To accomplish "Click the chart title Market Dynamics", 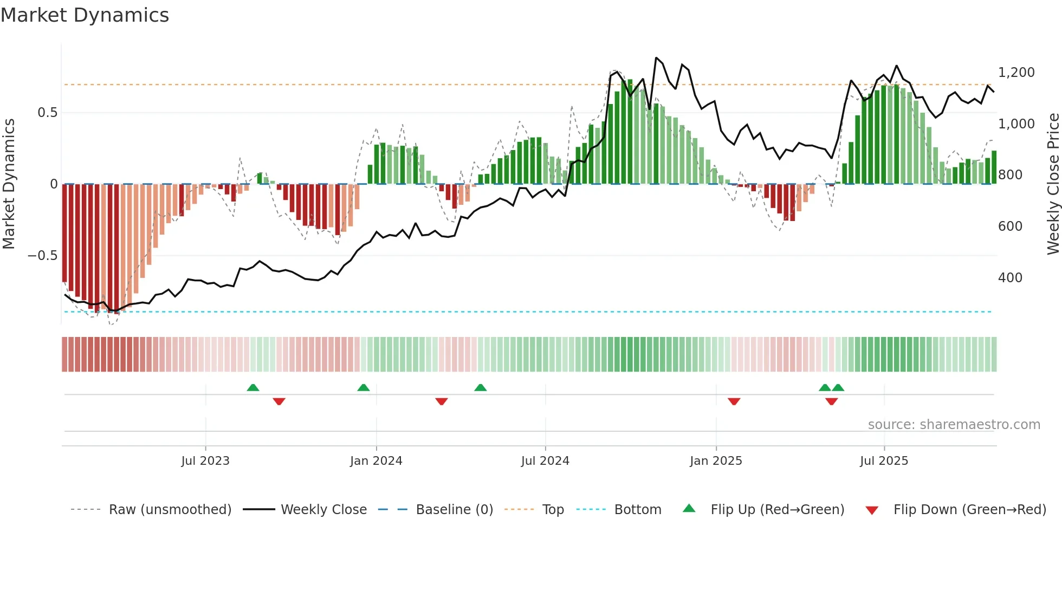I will pos(85,15).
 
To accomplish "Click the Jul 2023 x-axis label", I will pos(205,461).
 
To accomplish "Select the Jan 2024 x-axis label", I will pos(376,461).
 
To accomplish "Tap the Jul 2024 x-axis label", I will pos(545,461).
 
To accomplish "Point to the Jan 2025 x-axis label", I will pos(716,461).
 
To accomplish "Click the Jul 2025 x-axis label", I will pos(884,461).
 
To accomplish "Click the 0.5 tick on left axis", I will pos(47,113).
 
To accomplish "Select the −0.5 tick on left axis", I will pos(42,256).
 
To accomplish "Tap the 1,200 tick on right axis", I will pos(1016,73).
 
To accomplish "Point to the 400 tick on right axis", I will pos(1010,278).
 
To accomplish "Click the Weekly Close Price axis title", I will pos(1053,184).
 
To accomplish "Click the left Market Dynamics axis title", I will pos(9,184).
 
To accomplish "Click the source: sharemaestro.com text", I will pos(954,425).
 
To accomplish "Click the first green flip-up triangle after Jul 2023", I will pos(252,387).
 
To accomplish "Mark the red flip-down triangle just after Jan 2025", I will pos(734,401).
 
